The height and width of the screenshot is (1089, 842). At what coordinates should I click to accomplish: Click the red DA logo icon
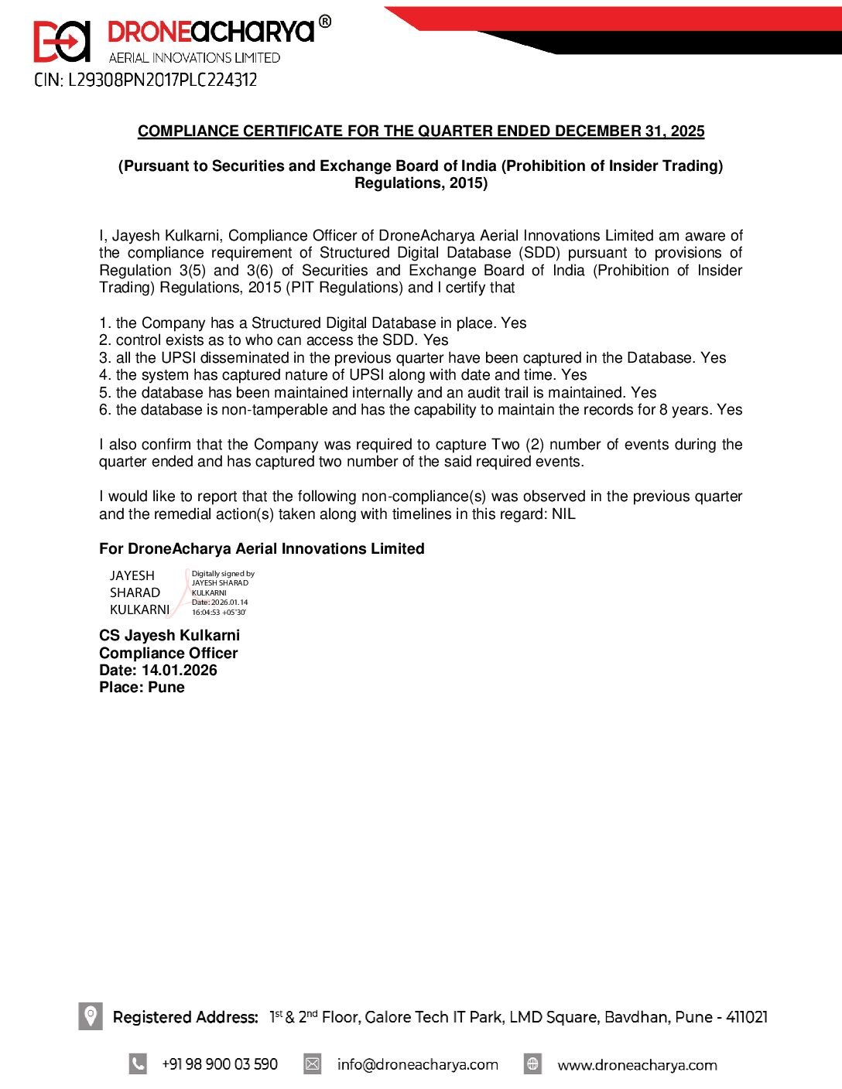[61, 41]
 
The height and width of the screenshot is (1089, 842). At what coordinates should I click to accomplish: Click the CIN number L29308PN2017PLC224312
[145, 80]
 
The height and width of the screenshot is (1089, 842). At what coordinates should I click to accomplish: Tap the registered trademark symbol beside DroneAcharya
[325, 22]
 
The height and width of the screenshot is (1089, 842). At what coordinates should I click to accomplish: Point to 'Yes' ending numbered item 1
[513, 323]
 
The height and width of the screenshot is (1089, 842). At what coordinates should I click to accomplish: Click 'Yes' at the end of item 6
[729, 409]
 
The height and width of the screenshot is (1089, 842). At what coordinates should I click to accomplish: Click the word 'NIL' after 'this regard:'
[563, 514]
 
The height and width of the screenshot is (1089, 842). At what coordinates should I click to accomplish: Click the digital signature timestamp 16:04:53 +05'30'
[219, 612]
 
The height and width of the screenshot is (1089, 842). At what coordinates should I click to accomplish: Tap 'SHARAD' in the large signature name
[135, 592]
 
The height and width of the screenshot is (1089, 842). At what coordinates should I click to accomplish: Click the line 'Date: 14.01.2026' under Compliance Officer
[158, 670]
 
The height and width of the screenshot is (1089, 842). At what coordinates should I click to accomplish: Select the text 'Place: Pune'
[142, 687]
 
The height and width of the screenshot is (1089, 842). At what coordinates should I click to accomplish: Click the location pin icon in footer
[91, 1016]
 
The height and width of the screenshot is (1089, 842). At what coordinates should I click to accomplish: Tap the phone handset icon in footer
[138, 1063]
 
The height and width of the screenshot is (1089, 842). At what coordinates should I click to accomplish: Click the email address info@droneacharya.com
[417, 1064]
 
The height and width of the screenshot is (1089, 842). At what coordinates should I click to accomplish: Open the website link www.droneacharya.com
[637, 1064]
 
